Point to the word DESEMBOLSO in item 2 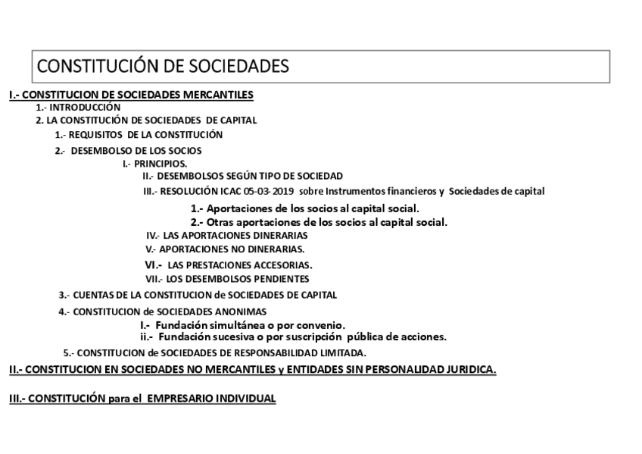[x=102, y=150]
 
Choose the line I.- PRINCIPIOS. [x=155, y=163]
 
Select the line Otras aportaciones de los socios [x=319, y=222]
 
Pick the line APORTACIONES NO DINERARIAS [x=225, y=249]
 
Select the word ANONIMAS [x=239, y=312]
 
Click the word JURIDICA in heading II [x=468, y=369]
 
